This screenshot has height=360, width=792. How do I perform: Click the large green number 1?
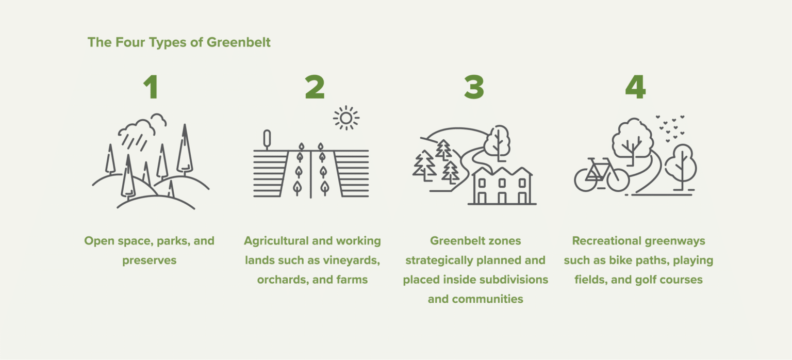click(x=151, y=88)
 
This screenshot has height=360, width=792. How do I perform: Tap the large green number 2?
click(x=315, y=88)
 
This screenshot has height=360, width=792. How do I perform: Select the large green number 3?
click(x=474, y=88)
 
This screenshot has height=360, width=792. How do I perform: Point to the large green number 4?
click(x=635, y=88)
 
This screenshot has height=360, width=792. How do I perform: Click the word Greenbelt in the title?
click(x=239, y=42)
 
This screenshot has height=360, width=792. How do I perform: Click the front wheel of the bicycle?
click(x=618, y=179)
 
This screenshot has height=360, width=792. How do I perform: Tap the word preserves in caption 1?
click(x=149, y=260)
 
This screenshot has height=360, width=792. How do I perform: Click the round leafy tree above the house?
click(x=497, y=138)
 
